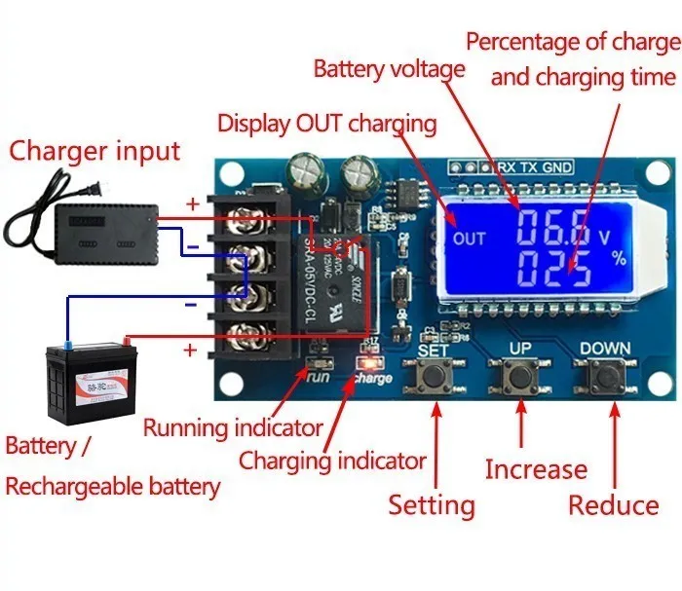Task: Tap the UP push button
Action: [x=516, y=375]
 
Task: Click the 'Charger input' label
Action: [x=95, y=151]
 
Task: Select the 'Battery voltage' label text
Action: [x=389, y=70]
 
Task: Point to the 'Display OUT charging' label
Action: [x=326, y=124]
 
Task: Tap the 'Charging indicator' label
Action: [x=332, y=461]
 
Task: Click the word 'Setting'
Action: [x=432, y=505]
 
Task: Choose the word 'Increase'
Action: [x=536, y=470]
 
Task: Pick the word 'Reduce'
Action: [x=614, y=505]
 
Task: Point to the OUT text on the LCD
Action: [x=469, y=239]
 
